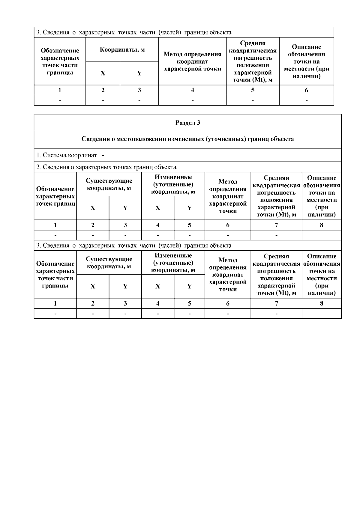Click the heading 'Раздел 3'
tap(187, 123)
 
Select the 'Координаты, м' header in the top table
tap(122, 50)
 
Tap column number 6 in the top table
tap(306, 90)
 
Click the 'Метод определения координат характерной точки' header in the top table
tap(192, 61)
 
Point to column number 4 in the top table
tap(192, 90)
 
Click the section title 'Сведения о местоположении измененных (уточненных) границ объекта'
tap(187, 139)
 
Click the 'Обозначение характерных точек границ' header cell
tap(55, 196)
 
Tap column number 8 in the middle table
tap(322, 225)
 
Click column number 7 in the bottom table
tap(276, 303)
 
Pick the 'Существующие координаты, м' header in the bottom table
tap(109, 263)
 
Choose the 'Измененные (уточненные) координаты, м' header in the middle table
tap(173, 184)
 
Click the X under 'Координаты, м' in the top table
tap(103, 73)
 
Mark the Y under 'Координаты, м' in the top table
tap(139, 73)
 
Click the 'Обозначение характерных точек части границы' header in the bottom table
tap(55, 275)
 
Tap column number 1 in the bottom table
tap(55, 303)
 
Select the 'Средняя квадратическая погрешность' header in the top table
tap(253, 61)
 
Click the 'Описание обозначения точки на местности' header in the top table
tap(306, 61)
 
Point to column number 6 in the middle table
tap(228, 225)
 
